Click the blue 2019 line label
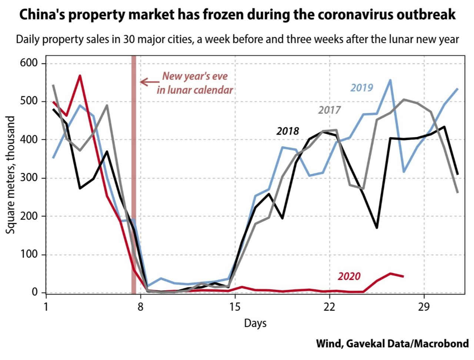click(361, 88)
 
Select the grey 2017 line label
click(329, 110)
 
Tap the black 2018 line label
click(287, 131)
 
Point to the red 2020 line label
click(349, 276)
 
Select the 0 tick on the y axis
click(35, 292)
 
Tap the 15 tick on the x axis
click(235, 307)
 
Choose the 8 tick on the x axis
click(140, 307)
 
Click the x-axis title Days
click(255, 323)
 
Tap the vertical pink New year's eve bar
click(134, 174)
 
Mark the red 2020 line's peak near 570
click(80, 76)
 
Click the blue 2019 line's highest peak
click(390, 80)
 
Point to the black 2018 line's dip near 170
click(377, 227)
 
